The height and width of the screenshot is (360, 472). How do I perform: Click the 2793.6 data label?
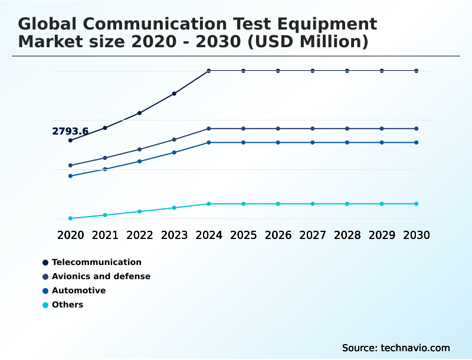click(70, 132)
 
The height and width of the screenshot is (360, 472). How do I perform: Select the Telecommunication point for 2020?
click(70, 140)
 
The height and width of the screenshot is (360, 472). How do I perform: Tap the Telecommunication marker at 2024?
click(209, 71)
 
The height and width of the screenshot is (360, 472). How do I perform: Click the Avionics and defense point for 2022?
click(140, 149)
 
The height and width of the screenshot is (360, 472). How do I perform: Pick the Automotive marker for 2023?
click(174, 152)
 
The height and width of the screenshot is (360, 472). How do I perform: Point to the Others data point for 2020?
click(70, 218)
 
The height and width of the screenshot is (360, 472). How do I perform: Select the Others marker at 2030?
click(417, 204)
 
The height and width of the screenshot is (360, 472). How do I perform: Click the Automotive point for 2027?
click(313, 142)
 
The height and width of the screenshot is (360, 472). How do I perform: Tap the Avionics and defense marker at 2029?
click(382, 129)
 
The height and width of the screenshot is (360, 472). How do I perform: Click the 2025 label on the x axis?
click(243, 235)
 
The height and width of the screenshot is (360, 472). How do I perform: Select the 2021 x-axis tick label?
click(105, 235)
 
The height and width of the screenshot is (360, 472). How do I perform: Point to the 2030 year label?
click(417, 235)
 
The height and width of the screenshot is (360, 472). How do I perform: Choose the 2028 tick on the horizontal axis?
click(348, 235)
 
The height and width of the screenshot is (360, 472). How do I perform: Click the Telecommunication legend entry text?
click(97, 262)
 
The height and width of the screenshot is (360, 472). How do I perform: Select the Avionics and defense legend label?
click(101, 276)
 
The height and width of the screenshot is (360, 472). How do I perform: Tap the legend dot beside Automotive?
click(45, 291)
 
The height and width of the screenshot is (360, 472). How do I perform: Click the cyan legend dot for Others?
click(45, 305)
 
